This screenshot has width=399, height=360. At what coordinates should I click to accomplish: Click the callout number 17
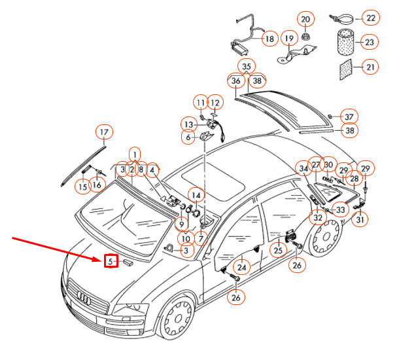point(103,134)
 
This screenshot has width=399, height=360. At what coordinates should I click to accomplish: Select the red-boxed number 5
point(111,261)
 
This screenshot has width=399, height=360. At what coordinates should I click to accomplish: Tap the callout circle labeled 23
point(370,43)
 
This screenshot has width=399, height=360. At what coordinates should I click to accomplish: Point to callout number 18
point(269,39)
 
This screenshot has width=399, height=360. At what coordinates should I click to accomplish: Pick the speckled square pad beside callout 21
point(345,68)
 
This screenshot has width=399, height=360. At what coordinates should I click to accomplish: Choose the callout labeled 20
point(305,20)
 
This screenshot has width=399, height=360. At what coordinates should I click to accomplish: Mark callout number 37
point(349,117)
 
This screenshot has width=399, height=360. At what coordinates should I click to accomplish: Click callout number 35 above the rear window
point(246,67)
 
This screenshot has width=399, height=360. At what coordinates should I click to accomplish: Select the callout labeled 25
point(278,250)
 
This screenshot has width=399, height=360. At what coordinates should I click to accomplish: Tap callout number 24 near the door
point(242,266)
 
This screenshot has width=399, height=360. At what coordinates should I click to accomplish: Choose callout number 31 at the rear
point(360,220)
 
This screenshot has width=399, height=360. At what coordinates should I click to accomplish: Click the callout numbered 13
point(189,124)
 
